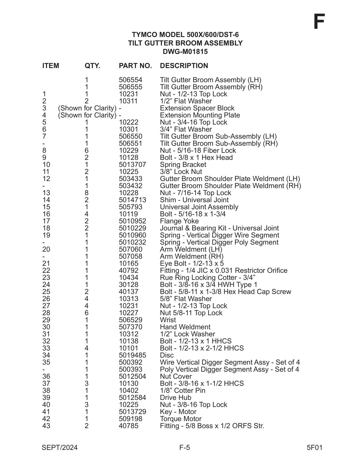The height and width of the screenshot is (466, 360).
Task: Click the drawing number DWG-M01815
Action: (x=185, y=52)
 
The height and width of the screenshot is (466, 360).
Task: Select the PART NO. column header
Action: (x=135, y=66)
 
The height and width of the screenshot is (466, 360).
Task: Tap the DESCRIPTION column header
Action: (x=184, y=66)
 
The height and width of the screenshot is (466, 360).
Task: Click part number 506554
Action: (x=130, y=80)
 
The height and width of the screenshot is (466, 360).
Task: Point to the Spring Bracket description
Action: (x=183, y=165)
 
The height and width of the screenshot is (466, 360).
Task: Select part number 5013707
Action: (x=132, y=165)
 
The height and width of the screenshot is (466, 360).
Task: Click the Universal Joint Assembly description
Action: (x=199, y=207)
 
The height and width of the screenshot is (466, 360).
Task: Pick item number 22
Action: (x=46, y=271)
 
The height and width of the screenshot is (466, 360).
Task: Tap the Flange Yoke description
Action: (x=179, y=221)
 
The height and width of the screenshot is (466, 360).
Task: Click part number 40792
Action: (x=128, y=271)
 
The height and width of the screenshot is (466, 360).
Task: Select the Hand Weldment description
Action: (x=185, y=327)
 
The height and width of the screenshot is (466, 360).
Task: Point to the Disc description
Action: (x=167, y=355)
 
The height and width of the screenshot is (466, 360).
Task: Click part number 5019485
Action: (x=132, y=355)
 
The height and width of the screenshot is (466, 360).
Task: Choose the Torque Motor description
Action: (x=181, y=419)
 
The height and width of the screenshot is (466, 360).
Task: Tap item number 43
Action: (x=46, y=426)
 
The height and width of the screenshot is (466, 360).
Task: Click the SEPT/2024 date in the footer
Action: (x=60, y=448)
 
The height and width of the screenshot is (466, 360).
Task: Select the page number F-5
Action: (x=185, y=448)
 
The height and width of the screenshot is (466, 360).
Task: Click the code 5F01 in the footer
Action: (x=315, y=448)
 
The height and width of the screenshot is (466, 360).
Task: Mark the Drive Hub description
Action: (x=175, y=398)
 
